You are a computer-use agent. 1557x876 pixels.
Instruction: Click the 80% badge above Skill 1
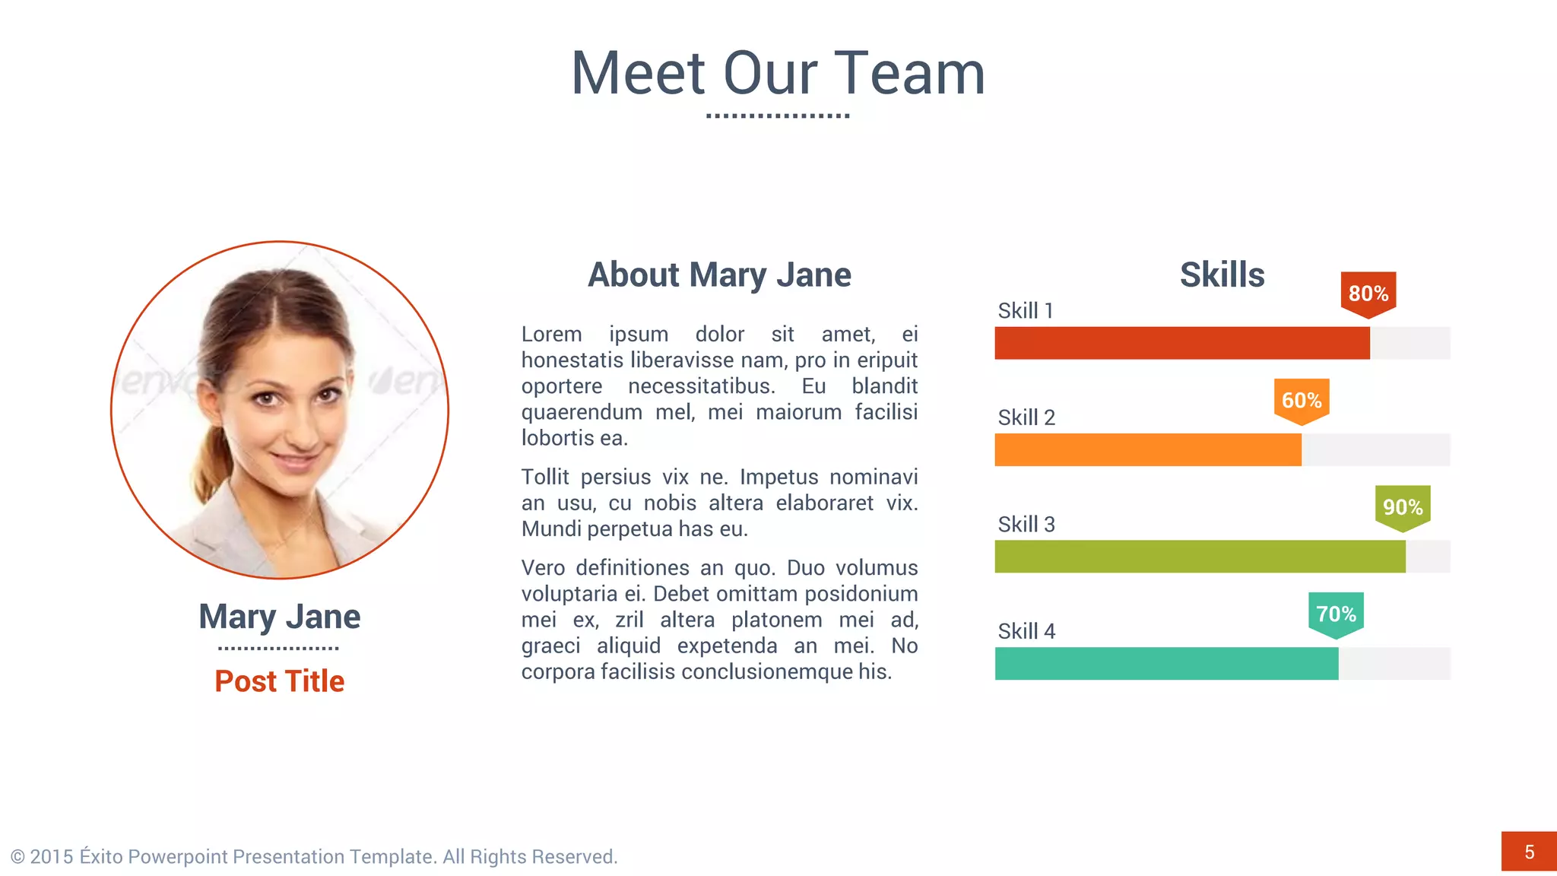coord(1368,293)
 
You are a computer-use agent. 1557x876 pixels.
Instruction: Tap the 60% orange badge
coord(1302,400)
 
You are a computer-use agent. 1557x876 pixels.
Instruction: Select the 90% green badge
coord(1403,506)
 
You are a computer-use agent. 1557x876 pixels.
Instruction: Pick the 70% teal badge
coord(1336,614)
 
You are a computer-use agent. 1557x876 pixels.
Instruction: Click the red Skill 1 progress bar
coord(1181,343)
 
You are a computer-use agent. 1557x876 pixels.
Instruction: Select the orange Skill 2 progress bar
coord(1148,449)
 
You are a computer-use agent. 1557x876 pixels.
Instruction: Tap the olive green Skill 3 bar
coord(1200,557)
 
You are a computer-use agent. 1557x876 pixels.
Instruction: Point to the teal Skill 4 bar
coord(1166,663)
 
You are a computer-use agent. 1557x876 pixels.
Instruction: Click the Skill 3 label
coord(1026,525)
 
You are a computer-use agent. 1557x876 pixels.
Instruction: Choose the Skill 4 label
coord(1026,631)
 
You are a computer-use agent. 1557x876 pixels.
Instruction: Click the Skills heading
coord(1222,275)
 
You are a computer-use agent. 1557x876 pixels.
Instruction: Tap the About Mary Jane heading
coord(719,275)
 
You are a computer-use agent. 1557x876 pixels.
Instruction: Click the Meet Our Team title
coord(778,73)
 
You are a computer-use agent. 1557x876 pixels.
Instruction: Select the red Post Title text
coord(279,681)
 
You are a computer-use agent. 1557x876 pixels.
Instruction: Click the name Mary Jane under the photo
coord(279,617)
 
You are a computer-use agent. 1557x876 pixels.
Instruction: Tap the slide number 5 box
coord(1529,852)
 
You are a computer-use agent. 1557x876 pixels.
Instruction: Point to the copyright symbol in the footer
coord(17,857)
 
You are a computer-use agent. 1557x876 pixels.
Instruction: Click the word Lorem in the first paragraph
coord(551,335)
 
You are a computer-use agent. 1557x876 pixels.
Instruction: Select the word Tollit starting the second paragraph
coord(545,478)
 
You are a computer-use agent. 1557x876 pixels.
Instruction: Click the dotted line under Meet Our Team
coord(778,116)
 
